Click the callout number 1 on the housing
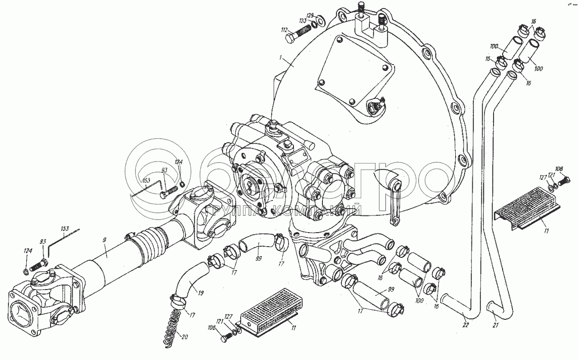point(280,58)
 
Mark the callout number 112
point(284,30)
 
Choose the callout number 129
point(310,15)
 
